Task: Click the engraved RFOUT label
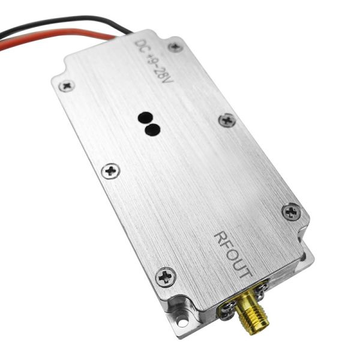click(x=234, y=254)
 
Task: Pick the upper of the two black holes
click(x=145, y=118)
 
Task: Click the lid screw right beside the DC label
click(x=175, y=46)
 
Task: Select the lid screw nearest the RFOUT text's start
click(x=292, y=211)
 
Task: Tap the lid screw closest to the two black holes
click(x=227, y=119)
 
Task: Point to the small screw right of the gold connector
click(x=260, y=290)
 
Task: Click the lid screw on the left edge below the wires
click(x=110, y=171)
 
